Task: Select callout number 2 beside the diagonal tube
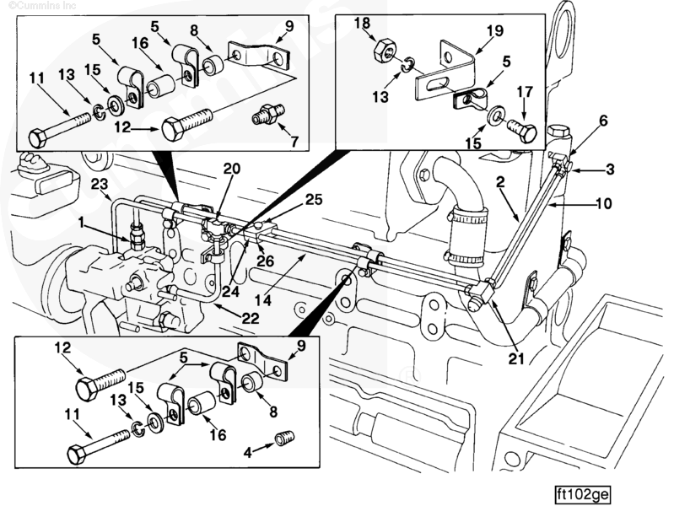point(500,182)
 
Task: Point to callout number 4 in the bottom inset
point(248,452)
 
